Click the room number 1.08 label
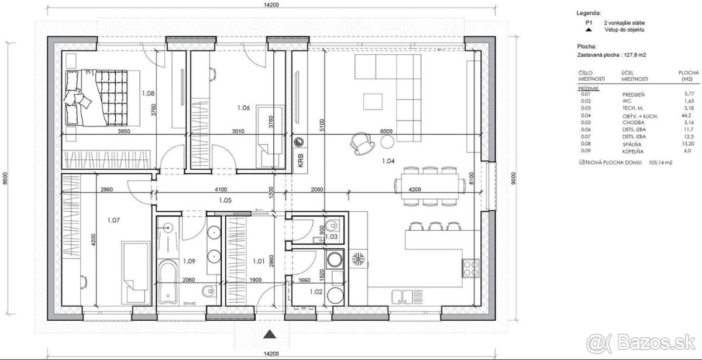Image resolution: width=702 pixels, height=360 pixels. coord(148,93)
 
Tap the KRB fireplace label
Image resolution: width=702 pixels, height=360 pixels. coord(301,160)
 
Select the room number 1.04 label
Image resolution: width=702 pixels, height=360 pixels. coord(388,161)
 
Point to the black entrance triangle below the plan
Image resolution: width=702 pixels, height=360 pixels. coord(270,334)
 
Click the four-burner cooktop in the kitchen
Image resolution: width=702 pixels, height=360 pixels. coord(471,268)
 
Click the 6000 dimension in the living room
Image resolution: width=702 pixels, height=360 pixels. coord(386,131)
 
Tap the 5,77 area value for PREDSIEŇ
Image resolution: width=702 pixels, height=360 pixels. coord(689,94)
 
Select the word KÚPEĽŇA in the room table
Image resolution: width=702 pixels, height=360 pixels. coord(633,152)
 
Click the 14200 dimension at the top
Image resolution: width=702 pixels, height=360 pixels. coord(271,5)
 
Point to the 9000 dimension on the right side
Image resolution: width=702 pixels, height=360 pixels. coord(513,178)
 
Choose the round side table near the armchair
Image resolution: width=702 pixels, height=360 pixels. coord(387,142)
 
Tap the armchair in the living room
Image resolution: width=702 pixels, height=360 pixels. coord(362,143)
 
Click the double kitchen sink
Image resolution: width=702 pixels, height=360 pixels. coord(402,297)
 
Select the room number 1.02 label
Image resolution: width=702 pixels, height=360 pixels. coord(316,292)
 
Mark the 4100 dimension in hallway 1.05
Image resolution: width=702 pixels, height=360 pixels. coord(221,190)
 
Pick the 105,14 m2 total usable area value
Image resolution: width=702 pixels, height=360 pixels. coord(660,163)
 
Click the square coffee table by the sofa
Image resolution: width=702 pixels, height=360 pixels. coord(373,102)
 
